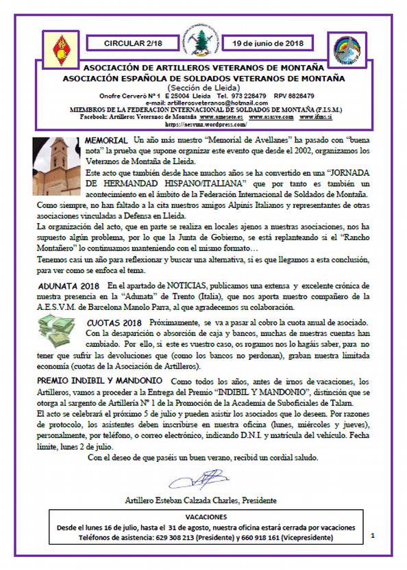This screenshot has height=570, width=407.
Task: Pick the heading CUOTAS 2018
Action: [106, 322]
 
